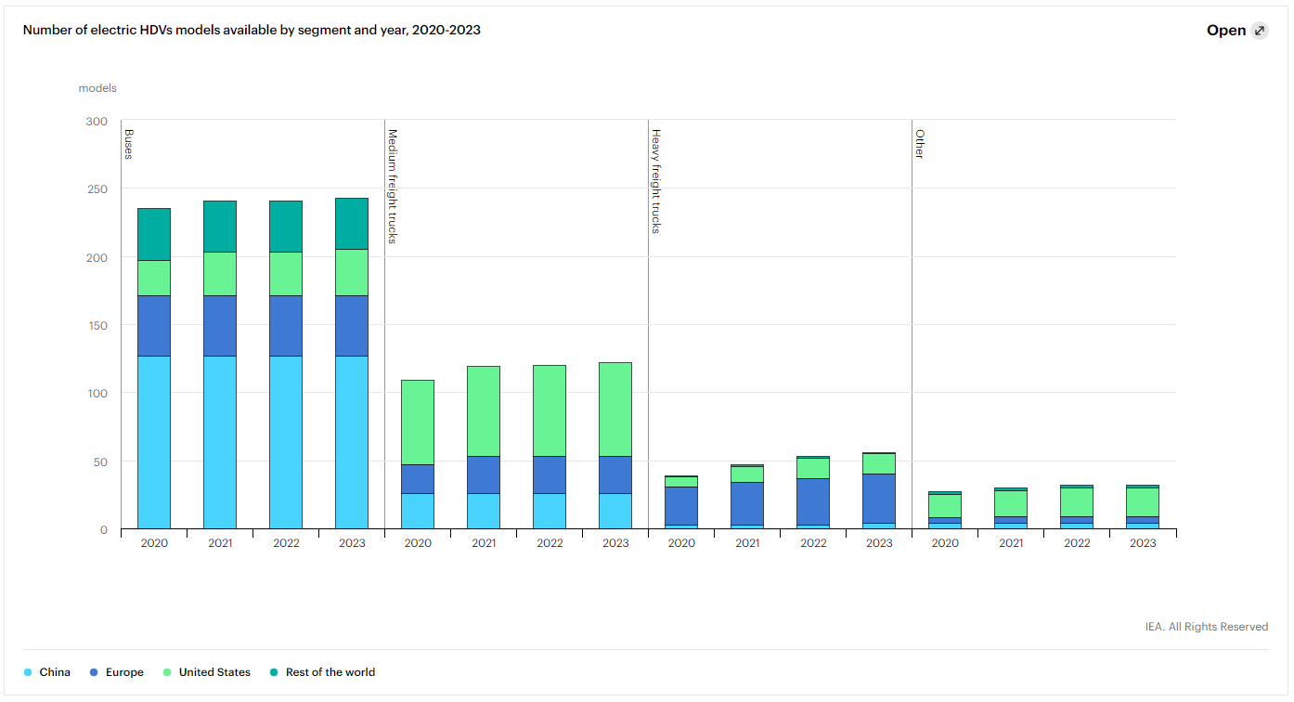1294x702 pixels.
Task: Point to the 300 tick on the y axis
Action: click(97, 122)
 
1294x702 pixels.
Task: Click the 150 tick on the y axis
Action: click(97, 326)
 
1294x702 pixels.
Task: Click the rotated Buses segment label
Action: click(128, 144)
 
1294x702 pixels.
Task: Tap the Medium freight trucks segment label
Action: click(393, 186)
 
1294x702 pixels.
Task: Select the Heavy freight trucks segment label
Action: click(655, 181)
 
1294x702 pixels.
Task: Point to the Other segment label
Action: click(919, 144)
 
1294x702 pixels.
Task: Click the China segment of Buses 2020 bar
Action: click(154, 442)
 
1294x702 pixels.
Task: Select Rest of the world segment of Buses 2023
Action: click(352, 223)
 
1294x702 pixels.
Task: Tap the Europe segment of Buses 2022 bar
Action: click(286, 326)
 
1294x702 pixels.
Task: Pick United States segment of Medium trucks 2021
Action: click(484, 410)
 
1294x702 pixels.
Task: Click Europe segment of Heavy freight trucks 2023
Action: click(879, 499)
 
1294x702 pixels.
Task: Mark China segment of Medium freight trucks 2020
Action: click(418, 511)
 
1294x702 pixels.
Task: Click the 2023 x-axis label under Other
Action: click(1143, 543)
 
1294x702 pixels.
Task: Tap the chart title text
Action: click(252, 30)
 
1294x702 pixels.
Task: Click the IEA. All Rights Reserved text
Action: click(1206, 627)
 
